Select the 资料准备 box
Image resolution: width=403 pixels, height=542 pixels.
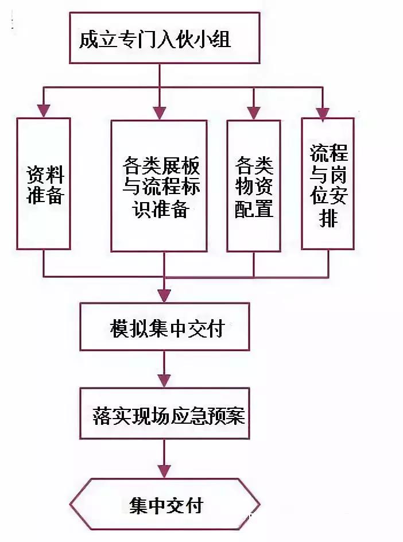click(x=44, y=184)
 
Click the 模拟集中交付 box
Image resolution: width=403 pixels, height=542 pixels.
click(x=165, y=327)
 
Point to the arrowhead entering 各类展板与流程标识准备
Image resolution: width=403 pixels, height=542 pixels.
click(x=159, y=113)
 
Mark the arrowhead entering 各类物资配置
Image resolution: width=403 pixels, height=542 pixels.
click(x=253, y=113)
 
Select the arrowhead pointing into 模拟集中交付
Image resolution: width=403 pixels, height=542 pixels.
click(x=165, y=296)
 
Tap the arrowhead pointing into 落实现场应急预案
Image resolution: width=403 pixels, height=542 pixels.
click(x=165, y=381)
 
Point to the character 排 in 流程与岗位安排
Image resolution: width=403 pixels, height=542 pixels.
click(x=329, y=219)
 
